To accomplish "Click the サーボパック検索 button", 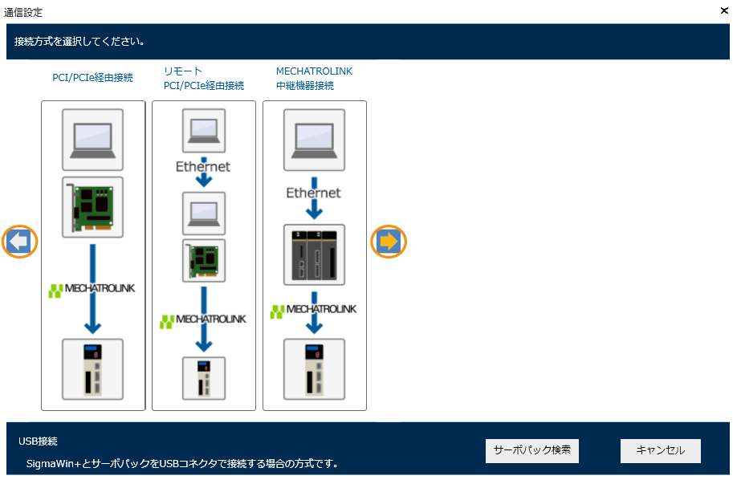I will (x=531, y=450).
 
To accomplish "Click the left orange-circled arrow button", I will (x=20, y=241).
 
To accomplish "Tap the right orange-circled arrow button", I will (x=389, y=241).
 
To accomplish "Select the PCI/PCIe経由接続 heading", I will (x=92, y=78).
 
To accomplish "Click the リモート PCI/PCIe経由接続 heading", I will (x=203, y=79).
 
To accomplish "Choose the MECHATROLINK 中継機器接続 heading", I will (x=314, y=79).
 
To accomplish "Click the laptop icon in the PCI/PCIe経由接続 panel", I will (x=93, y=138).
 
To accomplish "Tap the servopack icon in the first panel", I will (x=93, y=368).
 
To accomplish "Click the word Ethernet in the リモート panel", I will (x=203, y=167).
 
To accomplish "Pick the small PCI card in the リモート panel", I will (x=204, y=259).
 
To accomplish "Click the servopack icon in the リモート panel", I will (x=204, y=377).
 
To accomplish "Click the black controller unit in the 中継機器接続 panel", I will (x=314, y=254).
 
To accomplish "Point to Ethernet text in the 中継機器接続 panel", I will (x=314, y=193).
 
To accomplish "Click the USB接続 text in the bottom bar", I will (x=38, y=441).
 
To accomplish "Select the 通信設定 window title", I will (x=23, y=12).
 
